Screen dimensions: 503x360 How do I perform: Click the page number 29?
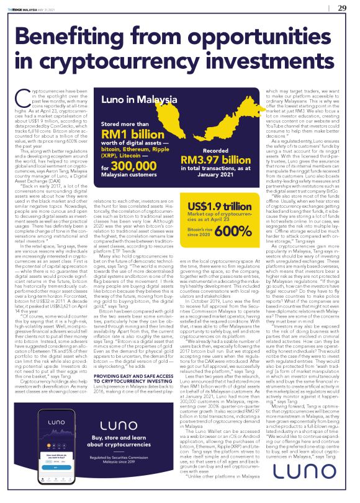coord(341,7)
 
